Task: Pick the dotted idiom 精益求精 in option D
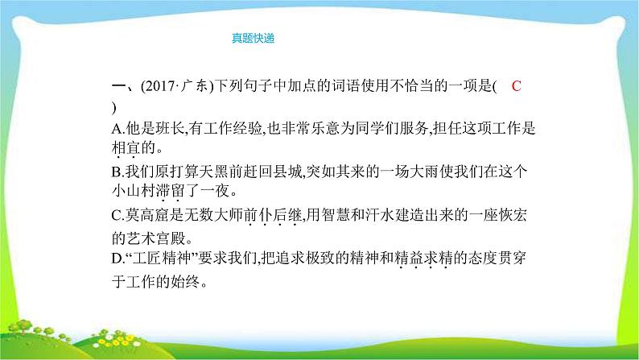[x=422, y=261]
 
